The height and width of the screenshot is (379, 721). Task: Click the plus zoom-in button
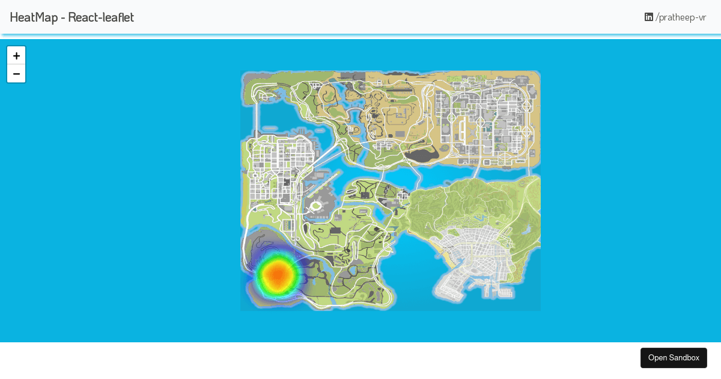click(16, 55)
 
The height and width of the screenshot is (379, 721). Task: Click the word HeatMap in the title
click(32, 17)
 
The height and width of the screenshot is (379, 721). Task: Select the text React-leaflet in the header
click(101, 17)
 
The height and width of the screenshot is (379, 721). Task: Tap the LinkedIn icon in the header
click(649, 17)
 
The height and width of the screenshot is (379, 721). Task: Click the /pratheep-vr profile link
click(681, 17)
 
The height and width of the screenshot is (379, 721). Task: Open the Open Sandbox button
click(674, 358)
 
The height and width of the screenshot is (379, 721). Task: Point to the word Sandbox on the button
click(684, 358)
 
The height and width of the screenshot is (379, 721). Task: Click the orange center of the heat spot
click(277, 274)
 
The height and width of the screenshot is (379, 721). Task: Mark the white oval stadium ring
click(316, 206)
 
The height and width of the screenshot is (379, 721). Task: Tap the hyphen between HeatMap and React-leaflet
click(62, 18)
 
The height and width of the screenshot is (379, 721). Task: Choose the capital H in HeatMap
click(14, 17)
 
